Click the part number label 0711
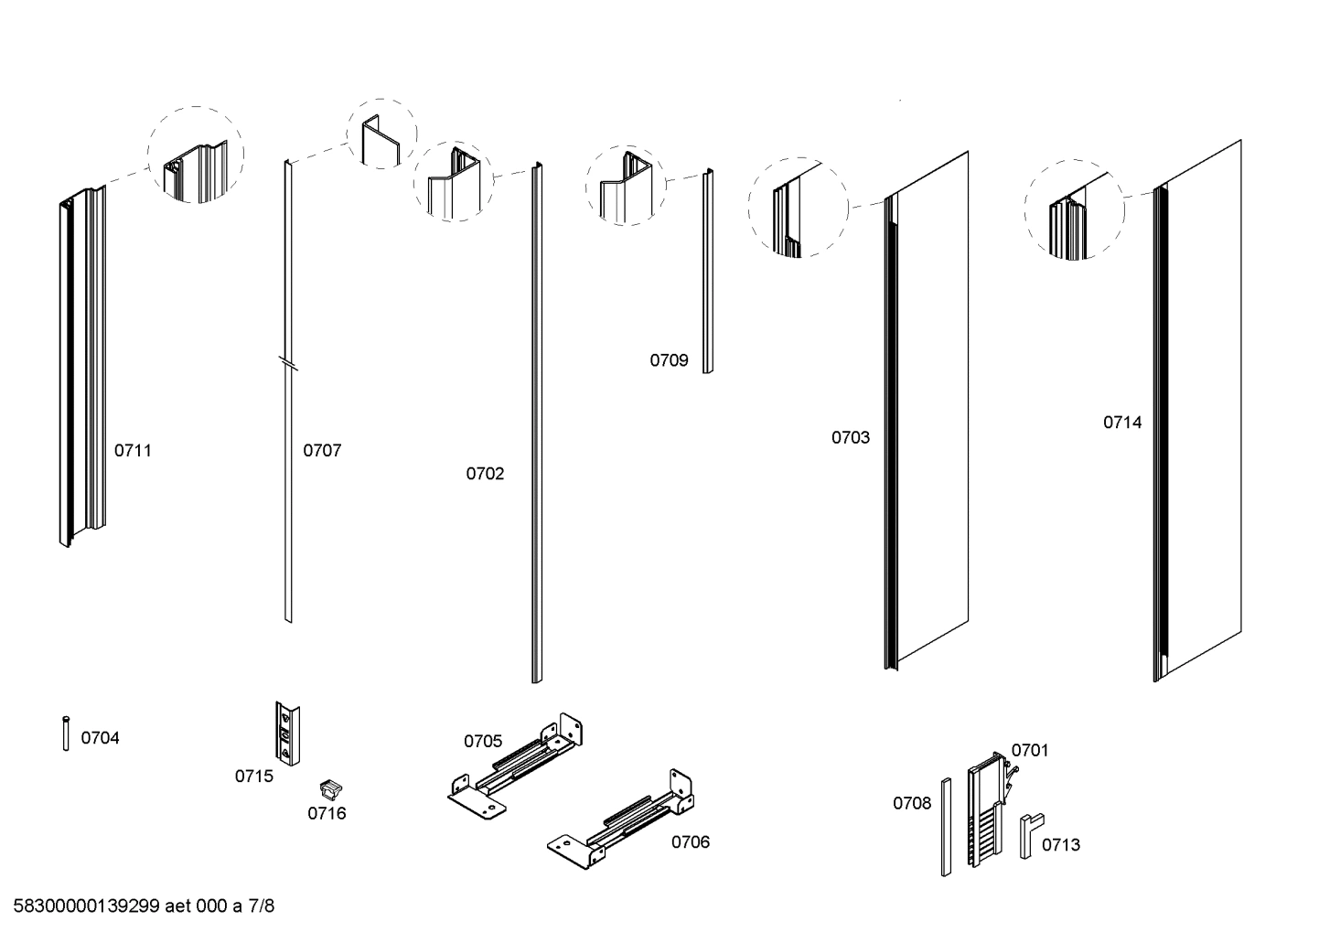click(133, 450)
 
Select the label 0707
click(322, 450)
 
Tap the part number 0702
click(485, 473)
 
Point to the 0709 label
click(669, 360)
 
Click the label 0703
click(850, 437)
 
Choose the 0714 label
click(1121, 422)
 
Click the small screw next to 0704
click(66, 734)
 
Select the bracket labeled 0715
click(288, 734)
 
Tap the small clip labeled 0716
click(330, 788)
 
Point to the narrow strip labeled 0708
click(947, 827)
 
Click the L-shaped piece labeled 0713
click(1030, 834)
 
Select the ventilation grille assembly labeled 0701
click(986, 809)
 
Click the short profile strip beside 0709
click(707, 272)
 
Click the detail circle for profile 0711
click(196, 155)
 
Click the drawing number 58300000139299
click(88, 906)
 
